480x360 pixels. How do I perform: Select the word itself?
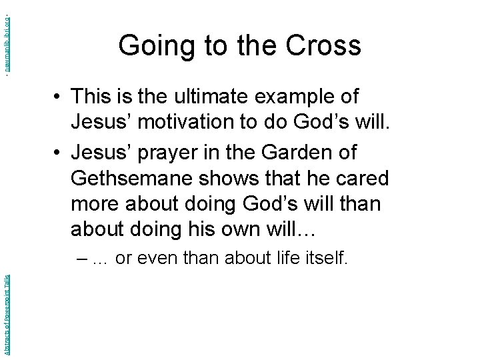pyautogui.click(x=325, y=257)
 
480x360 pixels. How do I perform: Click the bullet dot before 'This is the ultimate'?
pyautogui.click(x=59, y=97)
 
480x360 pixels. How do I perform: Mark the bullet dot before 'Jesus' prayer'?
pyautogui.click(x=59, y=153)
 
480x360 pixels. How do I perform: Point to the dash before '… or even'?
pyautogui.click(x=82, y=258)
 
